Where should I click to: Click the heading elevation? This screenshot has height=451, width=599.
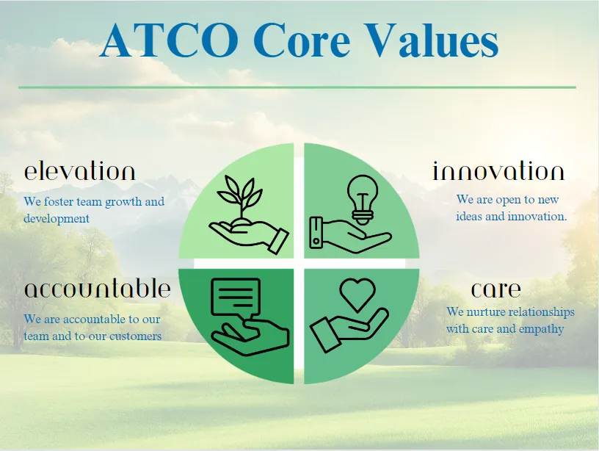point(79,171)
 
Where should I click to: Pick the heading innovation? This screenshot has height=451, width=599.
point(498,171)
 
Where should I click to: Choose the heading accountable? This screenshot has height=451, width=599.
point(97,289)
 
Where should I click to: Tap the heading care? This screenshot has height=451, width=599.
point(495,289)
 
